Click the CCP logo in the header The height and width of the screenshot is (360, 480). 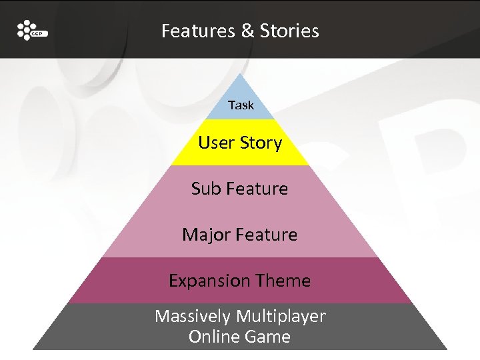(31, 31)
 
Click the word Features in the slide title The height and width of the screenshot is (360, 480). (193, 31)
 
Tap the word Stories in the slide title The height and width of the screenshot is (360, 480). (289, 31)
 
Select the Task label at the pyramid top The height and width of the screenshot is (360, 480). (241, 105)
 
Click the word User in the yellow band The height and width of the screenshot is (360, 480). (217, 143)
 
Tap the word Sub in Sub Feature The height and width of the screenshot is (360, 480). (205, 189)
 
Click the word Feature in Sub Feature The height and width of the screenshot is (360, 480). (257, 189)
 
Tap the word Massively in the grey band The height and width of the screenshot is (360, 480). (189, 316)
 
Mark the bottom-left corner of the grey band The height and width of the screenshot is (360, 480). (34, 349)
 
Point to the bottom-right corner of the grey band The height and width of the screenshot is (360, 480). (446, 349)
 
